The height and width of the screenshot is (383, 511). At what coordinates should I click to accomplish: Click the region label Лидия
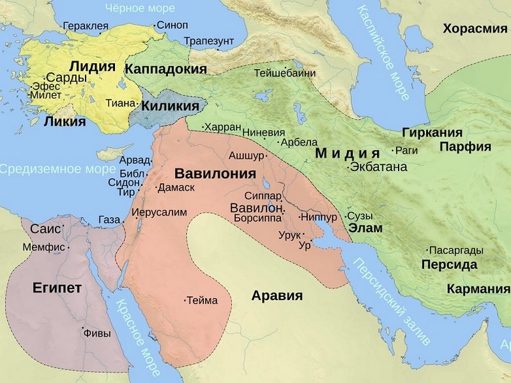click(92, 66)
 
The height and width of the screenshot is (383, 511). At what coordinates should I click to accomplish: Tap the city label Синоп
click(172, 26)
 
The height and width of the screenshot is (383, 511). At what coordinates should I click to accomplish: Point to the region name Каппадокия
click(166, 69)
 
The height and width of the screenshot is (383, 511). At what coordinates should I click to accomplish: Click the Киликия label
click(171, 106)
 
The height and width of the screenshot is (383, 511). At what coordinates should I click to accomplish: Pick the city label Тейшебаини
click(285, 73)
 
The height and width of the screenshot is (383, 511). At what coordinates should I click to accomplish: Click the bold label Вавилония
click(215, 173)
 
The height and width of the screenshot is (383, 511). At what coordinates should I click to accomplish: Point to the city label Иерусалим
click(159, 212)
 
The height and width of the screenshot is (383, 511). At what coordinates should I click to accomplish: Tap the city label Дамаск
click(176, 188)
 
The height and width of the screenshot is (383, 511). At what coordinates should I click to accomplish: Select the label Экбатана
click(378, 167)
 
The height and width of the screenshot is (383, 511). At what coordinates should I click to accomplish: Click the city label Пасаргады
click(455, 250)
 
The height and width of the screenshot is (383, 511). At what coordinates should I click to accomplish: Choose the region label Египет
click(57, 288)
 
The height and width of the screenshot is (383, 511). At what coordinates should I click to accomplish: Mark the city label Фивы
click(97, 333)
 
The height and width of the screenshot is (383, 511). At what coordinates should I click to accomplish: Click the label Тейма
click(202, 300)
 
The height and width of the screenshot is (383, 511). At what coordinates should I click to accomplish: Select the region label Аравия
click(277, 296)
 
